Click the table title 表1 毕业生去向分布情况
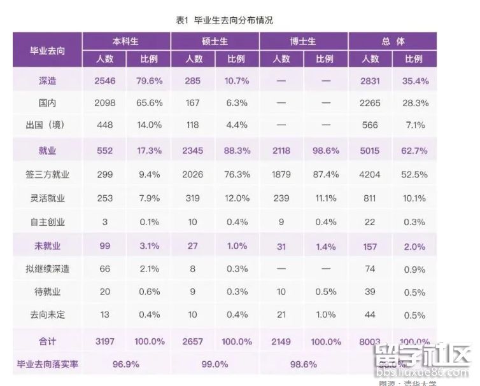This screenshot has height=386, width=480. click(x=224, y=20)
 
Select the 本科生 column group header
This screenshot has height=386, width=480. click(x=125, y=42)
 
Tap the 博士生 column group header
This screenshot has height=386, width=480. click(x=303, y=42)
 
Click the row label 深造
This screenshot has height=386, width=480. click(x=47, y=81)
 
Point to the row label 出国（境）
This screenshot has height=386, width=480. click(x=47, y=125)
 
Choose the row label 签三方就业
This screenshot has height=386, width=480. click(x=47, y=174)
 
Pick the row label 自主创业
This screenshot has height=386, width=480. click(x=47, y=222)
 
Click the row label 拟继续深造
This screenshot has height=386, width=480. click(x=47, y=269)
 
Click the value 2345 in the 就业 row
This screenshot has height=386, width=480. click(x=194, y=150)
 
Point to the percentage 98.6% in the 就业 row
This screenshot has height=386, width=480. click(x=324, y=150)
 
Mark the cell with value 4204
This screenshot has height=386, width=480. click(x=371, y=174)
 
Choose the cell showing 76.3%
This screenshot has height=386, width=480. click(x=236, y=174)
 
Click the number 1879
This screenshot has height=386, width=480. click(x=281, y=174)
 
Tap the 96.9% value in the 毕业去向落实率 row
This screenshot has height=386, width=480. click(x=125, y=364)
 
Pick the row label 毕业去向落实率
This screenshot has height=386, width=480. click(x=47, y=364)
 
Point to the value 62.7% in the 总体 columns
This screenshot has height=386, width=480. click(x=414, y=150)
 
